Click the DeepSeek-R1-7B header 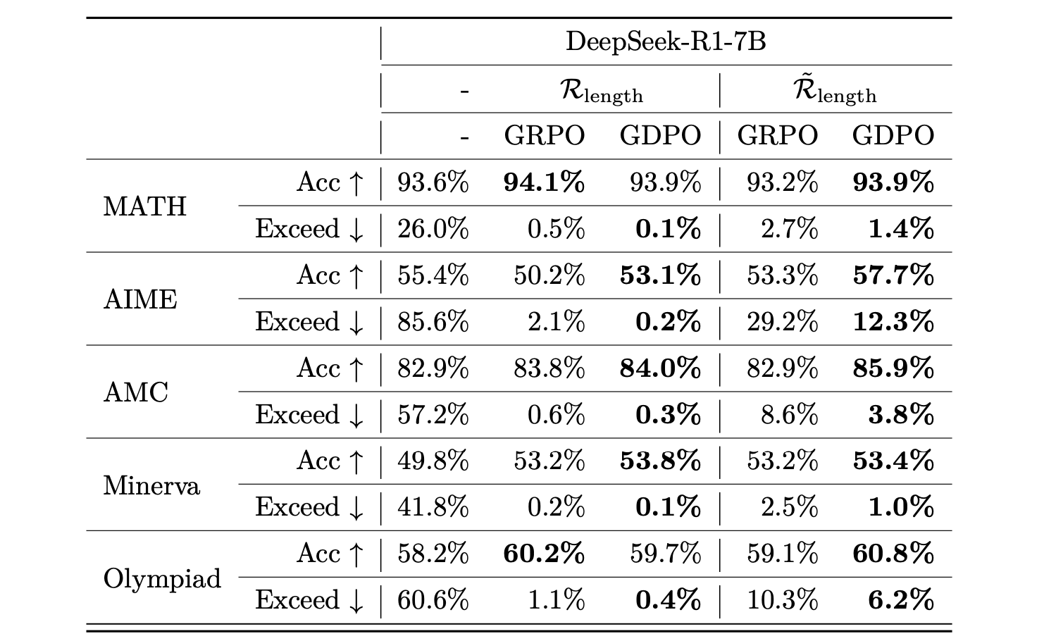666,42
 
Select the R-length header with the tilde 835,91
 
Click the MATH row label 144,206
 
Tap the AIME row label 140,299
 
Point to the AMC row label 135,392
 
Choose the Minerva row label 151,485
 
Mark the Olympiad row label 162,578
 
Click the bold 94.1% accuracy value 544,182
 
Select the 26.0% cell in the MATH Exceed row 433,229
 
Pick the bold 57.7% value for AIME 893,275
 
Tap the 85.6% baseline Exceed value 433,322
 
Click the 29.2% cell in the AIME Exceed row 782,322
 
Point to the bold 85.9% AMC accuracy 893,368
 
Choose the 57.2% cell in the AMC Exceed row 433,414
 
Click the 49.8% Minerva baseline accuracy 433,461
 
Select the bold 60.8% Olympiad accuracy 893,554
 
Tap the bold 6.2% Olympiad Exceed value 901,600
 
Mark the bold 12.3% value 893,322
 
